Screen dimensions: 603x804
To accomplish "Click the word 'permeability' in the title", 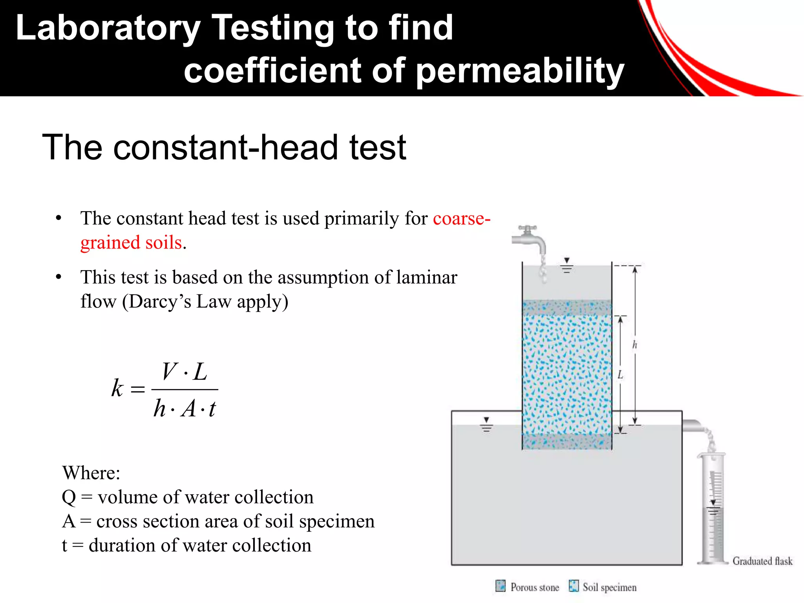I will (519, 71).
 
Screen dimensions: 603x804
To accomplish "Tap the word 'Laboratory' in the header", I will (108, 28).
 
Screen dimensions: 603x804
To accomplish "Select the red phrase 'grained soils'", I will (131, 243).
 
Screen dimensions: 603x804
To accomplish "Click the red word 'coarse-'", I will (461, 218).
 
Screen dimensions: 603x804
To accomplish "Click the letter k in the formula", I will (117, 388).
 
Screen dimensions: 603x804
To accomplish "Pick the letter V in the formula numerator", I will (170, 371).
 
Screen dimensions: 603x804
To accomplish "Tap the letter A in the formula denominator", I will (189, 408).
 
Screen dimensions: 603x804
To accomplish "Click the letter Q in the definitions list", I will (69, 497).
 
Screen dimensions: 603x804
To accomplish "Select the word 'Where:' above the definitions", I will (91, 473).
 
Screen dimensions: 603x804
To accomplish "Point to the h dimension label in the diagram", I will (635, 345).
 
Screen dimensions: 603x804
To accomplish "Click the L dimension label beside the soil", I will (620, 375).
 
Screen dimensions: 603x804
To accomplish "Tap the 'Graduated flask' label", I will (762, 561).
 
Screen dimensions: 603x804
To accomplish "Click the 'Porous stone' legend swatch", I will (501, 586).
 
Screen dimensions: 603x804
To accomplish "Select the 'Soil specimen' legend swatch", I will (574, 586).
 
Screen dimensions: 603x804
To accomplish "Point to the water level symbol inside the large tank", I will (486, 425).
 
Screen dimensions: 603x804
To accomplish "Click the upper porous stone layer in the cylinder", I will (567, 307).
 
